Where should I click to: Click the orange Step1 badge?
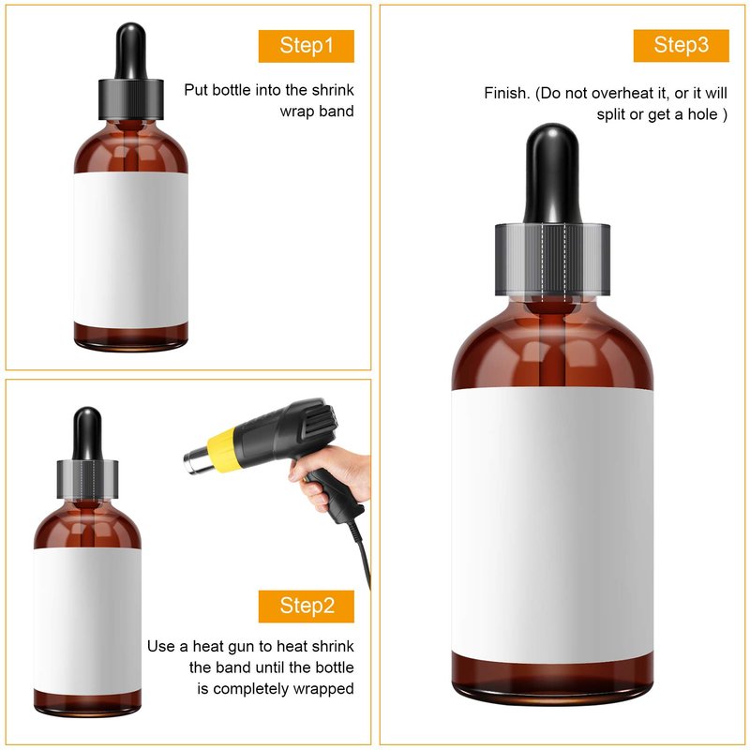tap(307, 46)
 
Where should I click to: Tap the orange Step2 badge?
tap(307, 606)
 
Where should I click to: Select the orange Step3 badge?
tap(682, 45)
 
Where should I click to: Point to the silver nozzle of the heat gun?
tap(196, 459)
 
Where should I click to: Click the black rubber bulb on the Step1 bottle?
tap(130, 51)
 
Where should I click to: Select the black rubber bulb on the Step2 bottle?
tap(87, 433)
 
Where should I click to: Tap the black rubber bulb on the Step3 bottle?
tap(552, 173)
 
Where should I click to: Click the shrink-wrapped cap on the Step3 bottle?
tap(552, 259)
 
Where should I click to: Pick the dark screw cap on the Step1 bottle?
tap(130, 99)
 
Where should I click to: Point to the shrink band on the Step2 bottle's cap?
tap(87, 480)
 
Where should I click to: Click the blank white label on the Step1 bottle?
tap(130, 249)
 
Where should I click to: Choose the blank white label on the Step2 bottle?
tap(87, 621)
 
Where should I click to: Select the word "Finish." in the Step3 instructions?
tap(507, 93)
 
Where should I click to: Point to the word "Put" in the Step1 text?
tap(196, 90)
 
